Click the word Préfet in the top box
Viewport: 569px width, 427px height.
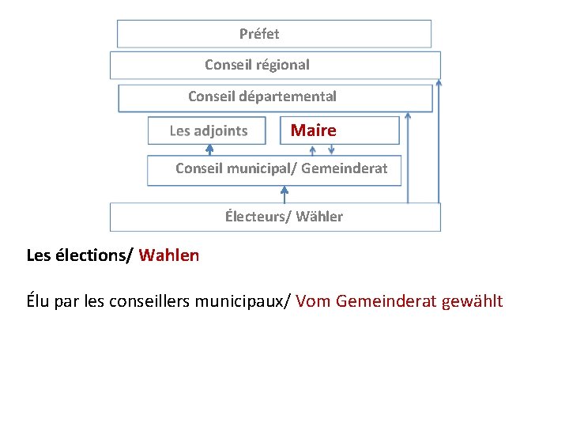point(259,34)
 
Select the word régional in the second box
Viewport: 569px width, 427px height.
point(281,65)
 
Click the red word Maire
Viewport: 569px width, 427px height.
point(313,130)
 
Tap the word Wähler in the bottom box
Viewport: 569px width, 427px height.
point(319,217)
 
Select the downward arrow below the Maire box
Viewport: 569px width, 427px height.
point(330,149)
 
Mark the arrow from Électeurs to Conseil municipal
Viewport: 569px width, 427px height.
point(285,194)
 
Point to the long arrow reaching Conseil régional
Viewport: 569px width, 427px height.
point(439,142)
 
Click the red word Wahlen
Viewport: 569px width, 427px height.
point(169,255)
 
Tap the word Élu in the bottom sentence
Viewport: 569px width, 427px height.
point(39,301)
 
